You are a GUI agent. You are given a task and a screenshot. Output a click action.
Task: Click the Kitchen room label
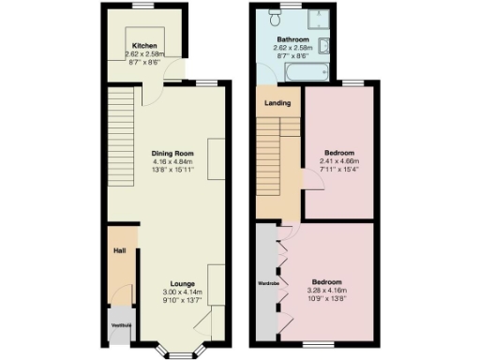pos(143,45)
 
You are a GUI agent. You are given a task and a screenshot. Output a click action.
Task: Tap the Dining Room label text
pos(172,152)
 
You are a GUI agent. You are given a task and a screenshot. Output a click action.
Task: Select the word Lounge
pos(182,282)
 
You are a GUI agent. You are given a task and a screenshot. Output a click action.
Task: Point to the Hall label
pos(120,251)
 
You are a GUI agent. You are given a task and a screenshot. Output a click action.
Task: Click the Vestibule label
pos(122,324)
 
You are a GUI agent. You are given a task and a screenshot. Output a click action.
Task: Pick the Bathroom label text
pos(292,39)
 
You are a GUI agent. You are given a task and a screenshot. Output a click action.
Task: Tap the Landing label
pos(277,103)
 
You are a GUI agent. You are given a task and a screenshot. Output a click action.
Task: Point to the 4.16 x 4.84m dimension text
pos(172,161)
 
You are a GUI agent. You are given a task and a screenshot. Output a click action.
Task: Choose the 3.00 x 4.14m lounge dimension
pos(182,292)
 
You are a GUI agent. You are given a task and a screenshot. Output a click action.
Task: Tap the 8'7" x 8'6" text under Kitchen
pos(143,62)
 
